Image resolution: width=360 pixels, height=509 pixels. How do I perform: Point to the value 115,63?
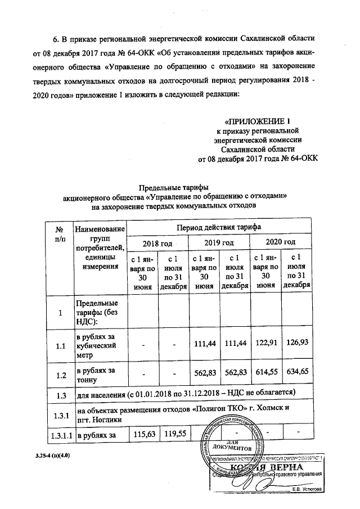tap(142, 433)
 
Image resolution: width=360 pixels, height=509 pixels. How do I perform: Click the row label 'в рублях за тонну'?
tap(96, 373)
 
